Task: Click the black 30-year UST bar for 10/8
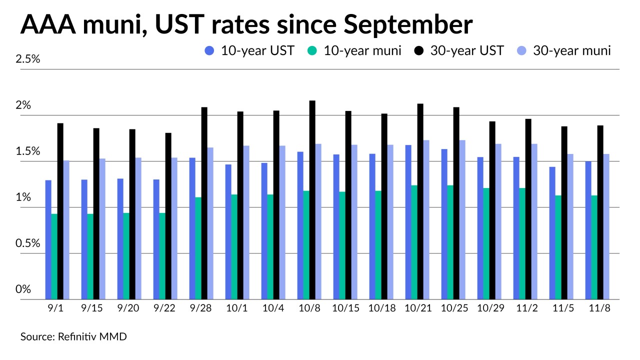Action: tap(312, 200)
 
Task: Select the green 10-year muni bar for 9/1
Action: tap(54, 256)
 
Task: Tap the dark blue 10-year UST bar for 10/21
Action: tap(408, 222)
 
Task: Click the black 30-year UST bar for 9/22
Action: tap(168, 216)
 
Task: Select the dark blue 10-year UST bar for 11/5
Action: tap(552, 233)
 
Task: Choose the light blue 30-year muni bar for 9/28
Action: tap(210, 223)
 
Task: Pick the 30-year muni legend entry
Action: tap(564, 50)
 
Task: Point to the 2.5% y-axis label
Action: tap(28, 59)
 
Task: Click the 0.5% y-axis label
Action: tap(28, 243)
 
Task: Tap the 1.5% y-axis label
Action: tap(28, 151)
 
